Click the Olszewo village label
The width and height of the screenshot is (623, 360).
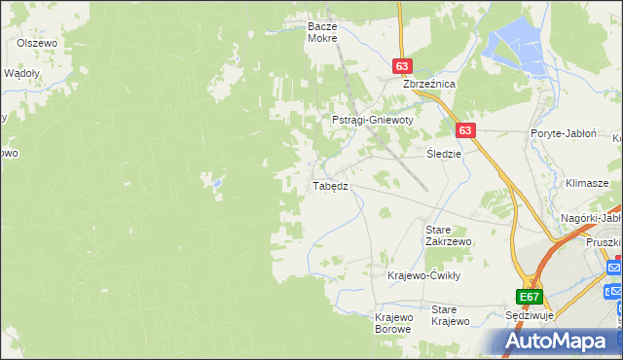(x=39, y=44)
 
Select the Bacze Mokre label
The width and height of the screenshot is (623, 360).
(x=321, y=32)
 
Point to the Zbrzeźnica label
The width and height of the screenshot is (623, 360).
(x=430, y=85)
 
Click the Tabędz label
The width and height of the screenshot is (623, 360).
(x=329, y=186)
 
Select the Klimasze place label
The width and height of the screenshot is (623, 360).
(x=587, y=183)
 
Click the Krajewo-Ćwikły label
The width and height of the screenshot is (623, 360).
(x=422, y=275)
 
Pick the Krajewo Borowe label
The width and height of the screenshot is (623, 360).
(x=394, y=323)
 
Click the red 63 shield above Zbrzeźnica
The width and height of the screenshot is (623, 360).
(x=404, y=65)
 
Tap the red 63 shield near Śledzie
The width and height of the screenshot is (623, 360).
(x=465, y=129)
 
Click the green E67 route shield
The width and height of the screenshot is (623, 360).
(x=529, y=297)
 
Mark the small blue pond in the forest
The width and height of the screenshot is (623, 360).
(x=216, y=181)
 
